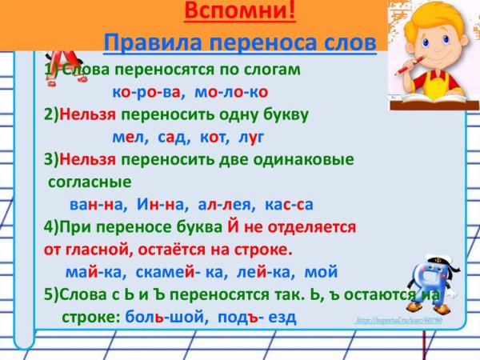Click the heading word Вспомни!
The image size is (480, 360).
coord(240,12)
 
